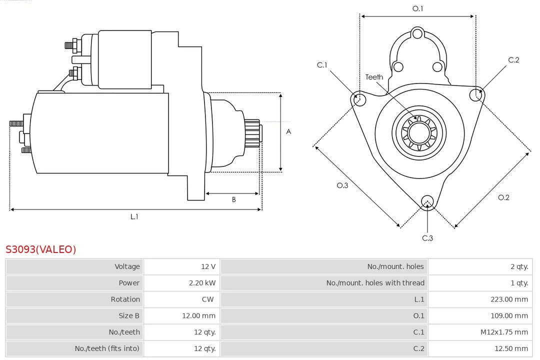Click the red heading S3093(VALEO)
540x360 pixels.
[41, 249]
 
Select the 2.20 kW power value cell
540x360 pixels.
[202, 283]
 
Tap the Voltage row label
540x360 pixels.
[127, 266]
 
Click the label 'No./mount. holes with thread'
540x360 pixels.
[375, 283]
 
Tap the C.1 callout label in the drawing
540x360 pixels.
[322, 65]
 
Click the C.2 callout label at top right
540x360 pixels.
[513, 60]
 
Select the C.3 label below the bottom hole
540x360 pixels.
[427, 238]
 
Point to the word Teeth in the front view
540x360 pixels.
[374, 77]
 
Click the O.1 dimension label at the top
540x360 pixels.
[417, 8]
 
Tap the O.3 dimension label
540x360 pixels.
[342, 185]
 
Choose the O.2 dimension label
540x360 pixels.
[503, 197]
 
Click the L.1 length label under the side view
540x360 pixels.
[134, 216]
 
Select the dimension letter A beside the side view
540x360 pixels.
[288, 132]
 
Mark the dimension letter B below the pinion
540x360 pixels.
[233, 199]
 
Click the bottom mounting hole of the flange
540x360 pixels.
[427, 202]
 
